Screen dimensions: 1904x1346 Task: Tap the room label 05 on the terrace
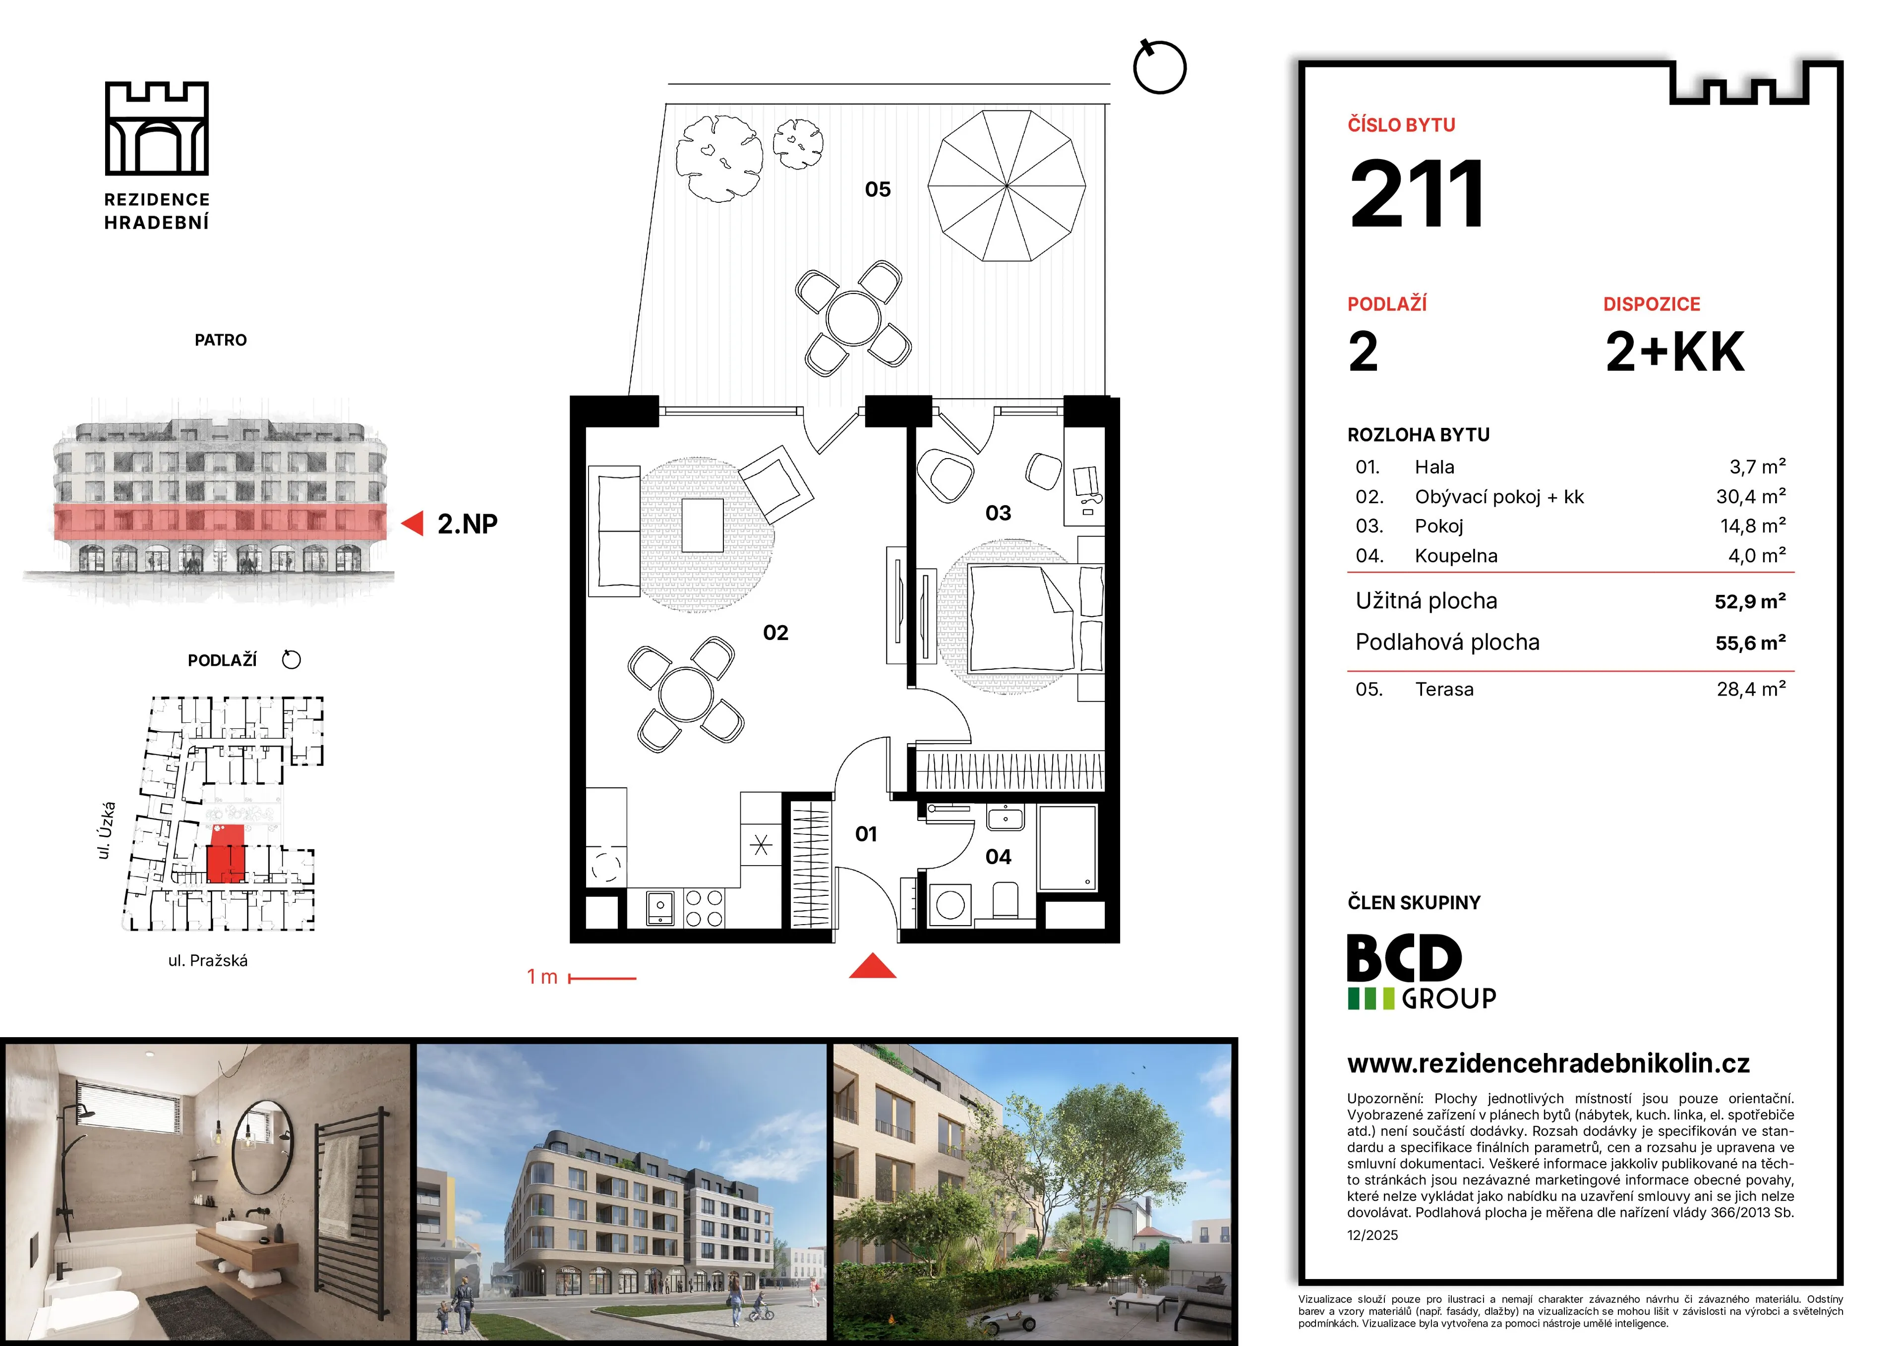pyautogui.click(x=877, y=190)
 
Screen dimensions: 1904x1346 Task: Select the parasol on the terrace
pyautogui.click(x=1007, y=186)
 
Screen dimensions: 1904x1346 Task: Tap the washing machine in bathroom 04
pyautogui.click(x=951, y=904)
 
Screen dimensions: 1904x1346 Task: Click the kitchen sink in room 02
pyautogui.click(x=661, y=907)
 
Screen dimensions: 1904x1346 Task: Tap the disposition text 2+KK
pyautogui.click(x=1674, y=351)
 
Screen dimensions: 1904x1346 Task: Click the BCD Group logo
pyautogui.click(x=1422, y=971)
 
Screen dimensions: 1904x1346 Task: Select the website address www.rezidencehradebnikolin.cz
pyautogui.click(x=1548, y=1063)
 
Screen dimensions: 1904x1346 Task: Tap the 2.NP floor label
pyautogui.click(x=468, y=524)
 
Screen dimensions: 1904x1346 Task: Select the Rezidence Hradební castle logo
pyautogui.click(x=157, y=128)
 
